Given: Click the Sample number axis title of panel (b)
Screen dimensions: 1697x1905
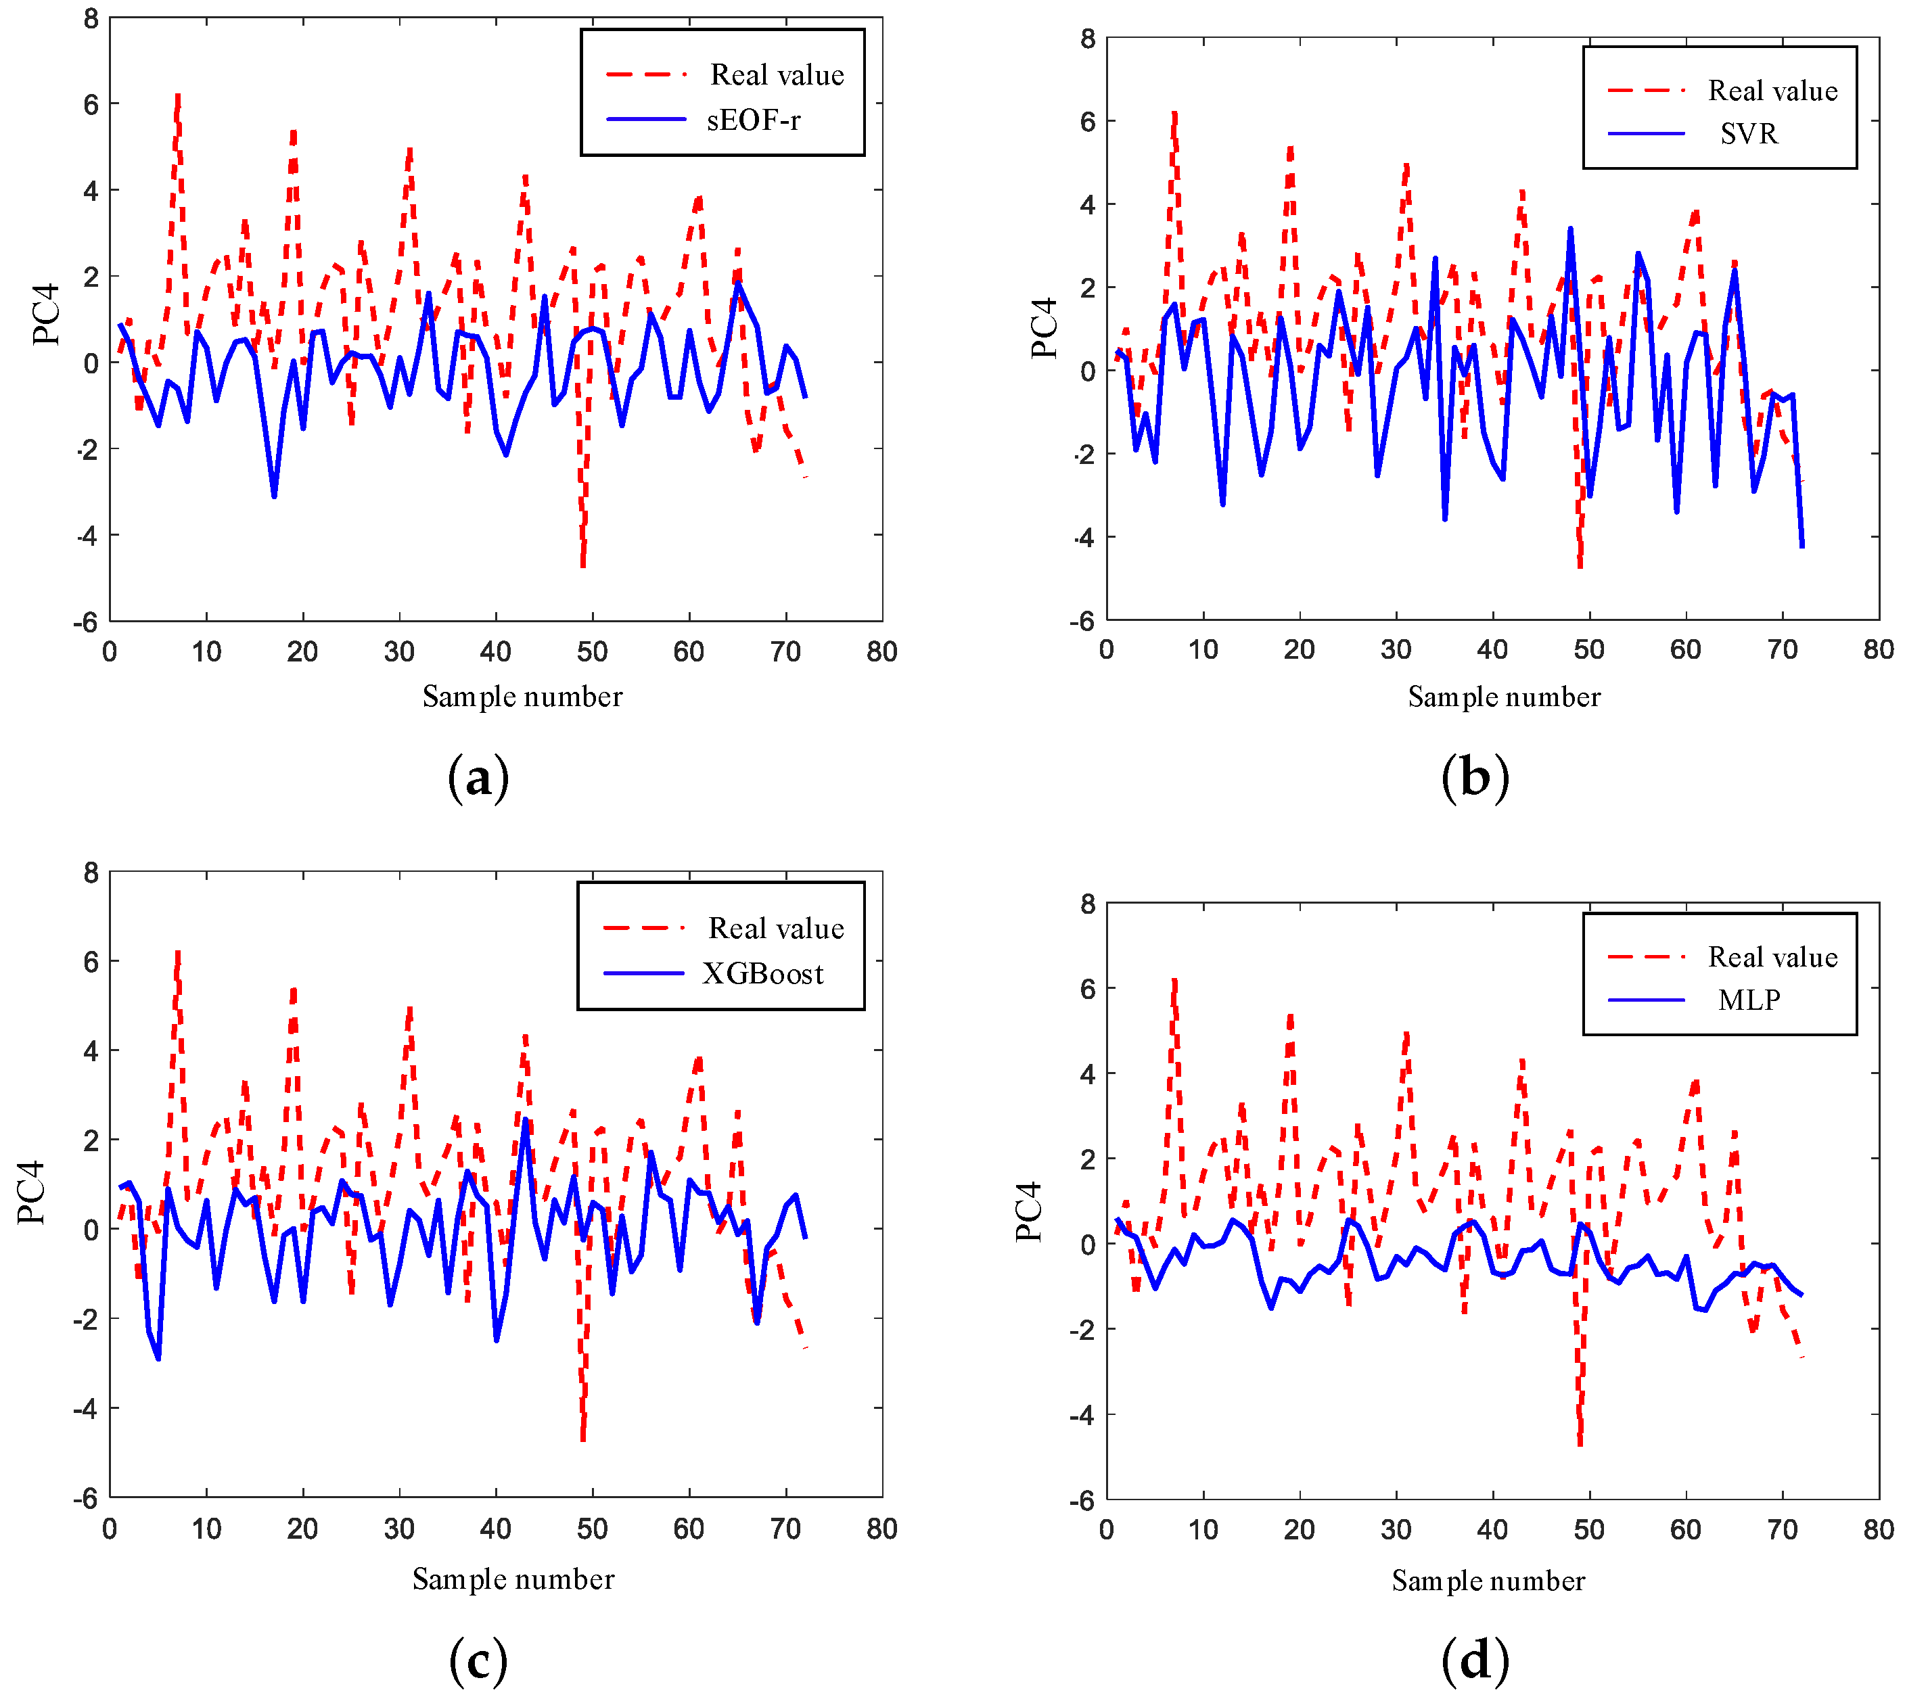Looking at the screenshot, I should point(1503,697).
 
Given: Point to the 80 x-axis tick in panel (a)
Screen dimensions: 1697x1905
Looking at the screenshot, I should point(881,652).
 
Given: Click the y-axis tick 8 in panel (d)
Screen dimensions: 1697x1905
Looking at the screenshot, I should point(1087,904).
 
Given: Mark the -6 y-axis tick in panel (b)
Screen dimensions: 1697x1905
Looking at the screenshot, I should point(1084,621).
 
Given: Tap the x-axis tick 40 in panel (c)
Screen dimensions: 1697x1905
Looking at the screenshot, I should point(495,1529).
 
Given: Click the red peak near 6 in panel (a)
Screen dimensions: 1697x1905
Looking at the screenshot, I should point(177,97).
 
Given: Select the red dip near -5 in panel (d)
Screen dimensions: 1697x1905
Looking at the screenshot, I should point(1580,1443).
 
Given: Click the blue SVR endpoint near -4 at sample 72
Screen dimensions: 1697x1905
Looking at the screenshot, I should point(1801,545).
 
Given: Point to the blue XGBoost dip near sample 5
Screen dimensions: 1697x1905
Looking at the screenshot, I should point(158,1357).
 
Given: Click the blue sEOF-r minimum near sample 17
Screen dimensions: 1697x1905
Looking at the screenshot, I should point(274,495).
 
